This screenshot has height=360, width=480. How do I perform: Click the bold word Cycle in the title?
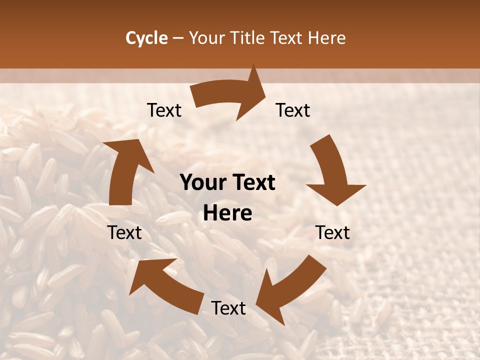[146, 38]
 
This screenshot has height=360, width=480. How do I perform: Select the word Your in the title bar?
[208, 38]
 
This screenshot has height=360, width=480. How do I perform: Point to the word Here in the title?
[326, 38]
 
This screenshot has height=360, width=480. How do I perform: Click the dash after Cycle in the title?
[178, 38]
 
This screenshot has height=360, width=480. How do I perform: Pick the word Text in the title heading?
[287, 38]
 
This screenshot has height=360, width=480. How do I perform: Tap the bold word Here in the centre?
[227, 213]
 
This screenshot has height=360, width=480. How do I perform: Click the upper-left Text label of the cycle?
[164, 110]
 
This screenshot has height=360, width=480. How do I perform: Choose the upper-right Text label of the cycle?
[293, 110]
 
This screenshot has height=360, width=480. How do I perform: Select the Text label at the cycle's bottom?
[228, 308]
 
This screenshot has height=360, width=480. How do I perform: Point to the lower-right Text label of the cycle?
[332, 232]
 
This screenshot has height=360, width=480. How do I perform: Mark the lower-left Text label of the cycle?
[125, 232]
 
